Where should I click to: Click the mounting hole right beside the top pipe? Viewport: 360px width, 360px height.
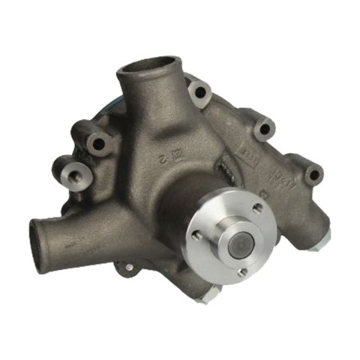[x=199, y=94]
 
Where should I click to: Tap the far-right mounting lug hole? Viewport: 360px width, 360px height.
[x=313, y=175]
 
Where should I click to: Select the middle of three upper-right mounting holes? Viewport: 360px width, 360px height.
[x=262, y=128]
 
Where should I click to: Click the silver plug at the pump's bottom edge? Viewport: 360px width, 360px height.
[x=208, y=298]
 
